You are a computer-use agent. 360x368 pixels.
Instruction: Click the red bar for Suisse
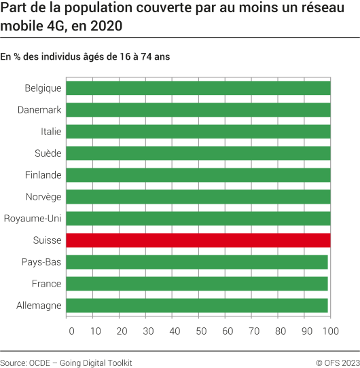click(198, 240)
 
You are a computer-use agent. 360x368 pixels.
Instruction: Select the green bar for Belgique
click(198, 88)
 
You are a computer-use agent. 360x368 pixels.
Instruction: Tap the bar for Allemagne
click(197, 306)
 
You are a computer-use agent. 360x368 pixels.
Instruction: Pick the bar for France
click(197, 284)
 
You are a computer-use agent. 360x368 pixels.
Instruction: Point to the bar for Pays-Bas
click(197, 262)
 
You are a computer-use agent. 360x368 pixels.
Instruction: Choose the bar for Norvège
click(198, 197)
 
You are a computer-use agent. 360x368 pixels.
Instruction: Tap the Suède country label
click(48, 153)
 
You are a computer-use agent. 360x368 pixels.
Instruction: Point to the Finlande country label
click(43, 175)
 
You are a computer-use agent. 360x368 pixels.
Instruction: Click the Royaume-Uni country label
click(33, 219)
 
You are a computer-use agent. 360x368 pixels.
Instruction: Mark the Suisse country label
click(48, 240)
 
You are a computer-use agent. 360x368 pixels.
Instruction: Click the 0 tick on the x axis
click(71, 331)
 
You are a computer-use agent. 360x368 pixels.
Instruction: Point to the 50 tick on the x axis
click(200, 331)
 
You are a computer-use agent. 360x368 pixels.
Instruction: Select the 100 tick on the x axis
click(330, 331)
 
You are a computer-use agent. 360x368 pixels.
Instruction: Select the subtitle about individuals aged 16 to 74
click(85, 57)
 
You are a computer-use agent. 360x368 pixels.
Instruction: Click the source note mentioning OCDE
click(66, 363)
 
